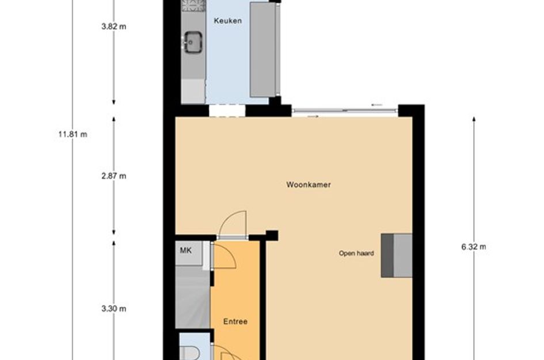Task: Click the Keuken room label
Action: click(227, 21)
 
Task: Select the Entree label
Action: click(235, 321)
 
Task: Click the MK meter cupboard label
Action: click(185, 250)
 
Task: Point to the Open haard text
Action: click(356, 253)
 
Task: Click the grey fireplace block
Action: click(397, 255)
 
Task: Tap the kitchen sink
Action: click(192, 41)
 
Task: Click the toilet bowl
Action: click(189, 352)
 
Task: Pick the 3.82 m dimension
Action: click(113, 26)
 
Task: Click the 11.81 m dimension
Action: click(73, 134)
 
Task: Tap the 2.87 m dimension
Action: click(113, 176)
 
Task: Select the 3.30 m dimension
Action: click(113, 309)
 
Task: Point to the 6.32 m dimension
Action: click(474, 247)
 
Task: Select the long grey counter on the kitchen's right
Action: click(263, 49)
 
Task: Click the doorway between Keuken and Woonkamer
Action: click(227, 111)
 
